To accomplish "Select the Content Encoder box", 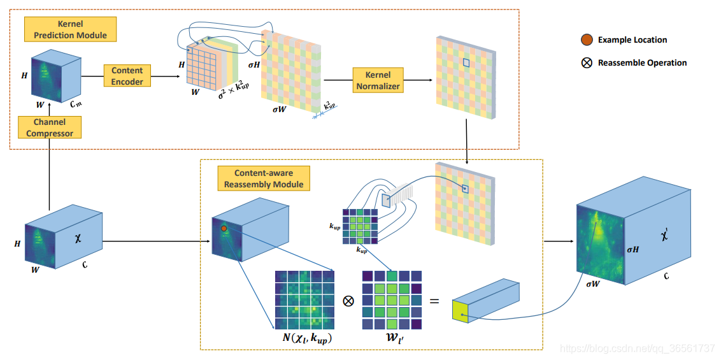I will [x=127, y=76].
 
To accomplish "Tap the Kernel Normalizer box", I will [x=378, y=80].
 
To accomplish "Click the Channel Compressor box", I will [x=49, y=127].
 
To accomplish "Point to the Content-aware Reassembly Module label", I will [x=264, y=178].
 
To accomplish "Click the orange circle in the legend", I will [x=587, y=40].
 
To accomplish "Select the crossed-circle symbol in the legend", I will [x=587, y=63].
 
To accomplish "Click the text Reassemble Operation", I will [x=642, y=63].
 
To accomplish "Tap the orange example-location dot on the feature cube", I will [x=224, y=227].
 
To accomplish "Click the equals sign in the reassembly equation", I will [x=434, y=299].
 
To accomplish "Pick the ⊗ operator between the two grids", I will [x=348, y=301].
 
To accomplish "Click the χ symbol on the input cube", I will [x=78, y=238].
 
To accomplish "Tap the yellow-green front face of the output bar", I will [x=460, y=310].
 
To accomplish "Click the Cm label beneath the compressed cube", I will [x=76, y=103].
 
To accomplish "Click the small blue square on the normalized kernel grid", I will [x=466, y=62].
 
